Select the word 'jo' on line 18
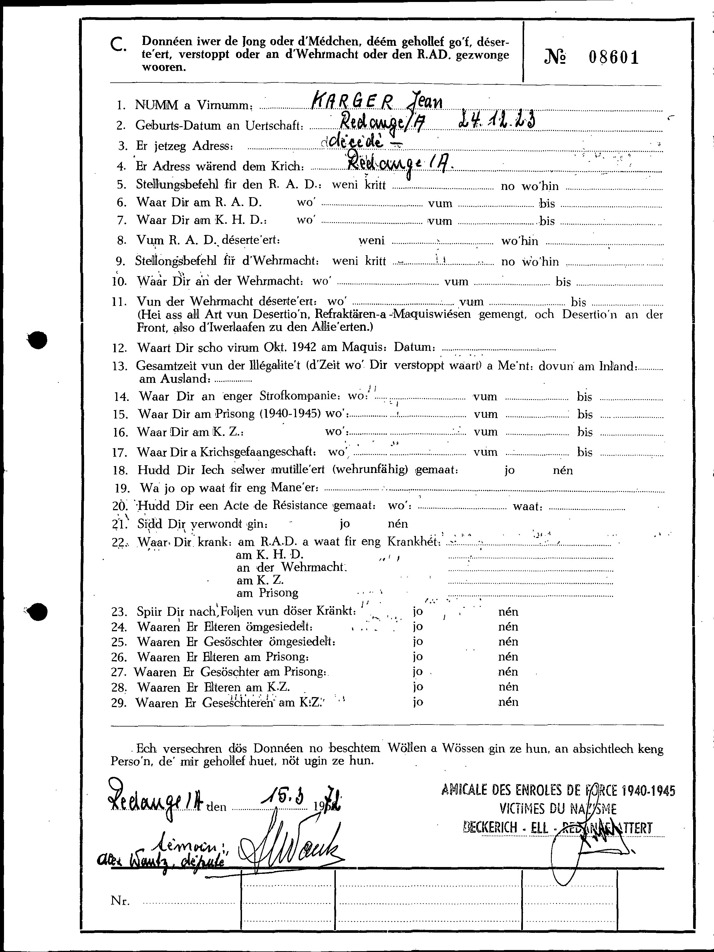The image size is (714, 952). coord(509,470)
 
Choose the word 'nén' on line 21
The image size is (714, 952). coord(397,523)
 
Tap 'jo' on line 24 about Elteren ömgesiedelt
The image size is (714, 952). coord(417,627)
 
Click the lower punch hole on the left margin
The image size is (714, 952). coord(37,612)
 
